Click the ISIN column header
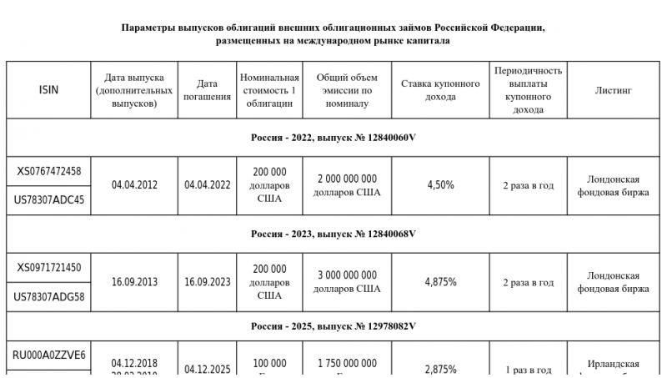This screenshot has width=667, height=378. coord(49,90)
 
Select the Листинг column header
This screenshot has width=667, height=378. coord(613,90)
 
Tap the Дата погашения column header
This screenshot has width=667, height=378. coord(208,90)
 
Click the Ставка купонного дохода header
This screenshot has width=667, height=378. coord(440,90)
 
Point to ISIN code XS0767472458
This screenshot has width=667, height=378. coord(49,171)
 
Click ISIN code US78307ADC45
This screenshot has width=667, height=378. coord(49,200)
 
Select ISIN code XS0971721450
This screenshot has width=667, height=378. coord(49,268)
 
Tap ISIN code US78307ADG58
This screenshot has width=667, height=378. coord(49,297)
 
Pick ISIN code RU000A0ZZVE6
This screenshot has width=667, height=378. coord(49,355)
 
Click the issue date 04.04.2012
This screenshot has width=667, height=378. coord(134,185)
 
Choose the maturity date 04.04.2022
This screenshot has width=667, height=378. coord(208,185)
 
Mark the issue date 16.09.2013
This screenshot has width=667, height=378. coord(134,282)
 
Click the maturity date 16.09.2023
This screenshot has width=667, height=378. coord(208,282)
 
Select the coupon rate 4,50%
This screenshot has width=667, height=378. coord(440,185)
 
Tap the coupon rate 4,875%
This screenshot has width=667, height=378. coord(440,282)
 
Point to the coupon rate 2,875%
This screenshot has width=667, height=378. coord(440,370)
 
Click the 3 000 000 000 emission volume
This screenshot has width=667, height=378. coord(347,275)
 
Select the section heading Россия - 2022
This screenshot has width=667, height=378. coord(333,138)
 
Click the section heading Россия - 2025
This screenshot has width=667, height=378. coord(333,325)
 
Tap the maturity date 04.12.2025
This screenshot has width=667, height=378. coord(208,370)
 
